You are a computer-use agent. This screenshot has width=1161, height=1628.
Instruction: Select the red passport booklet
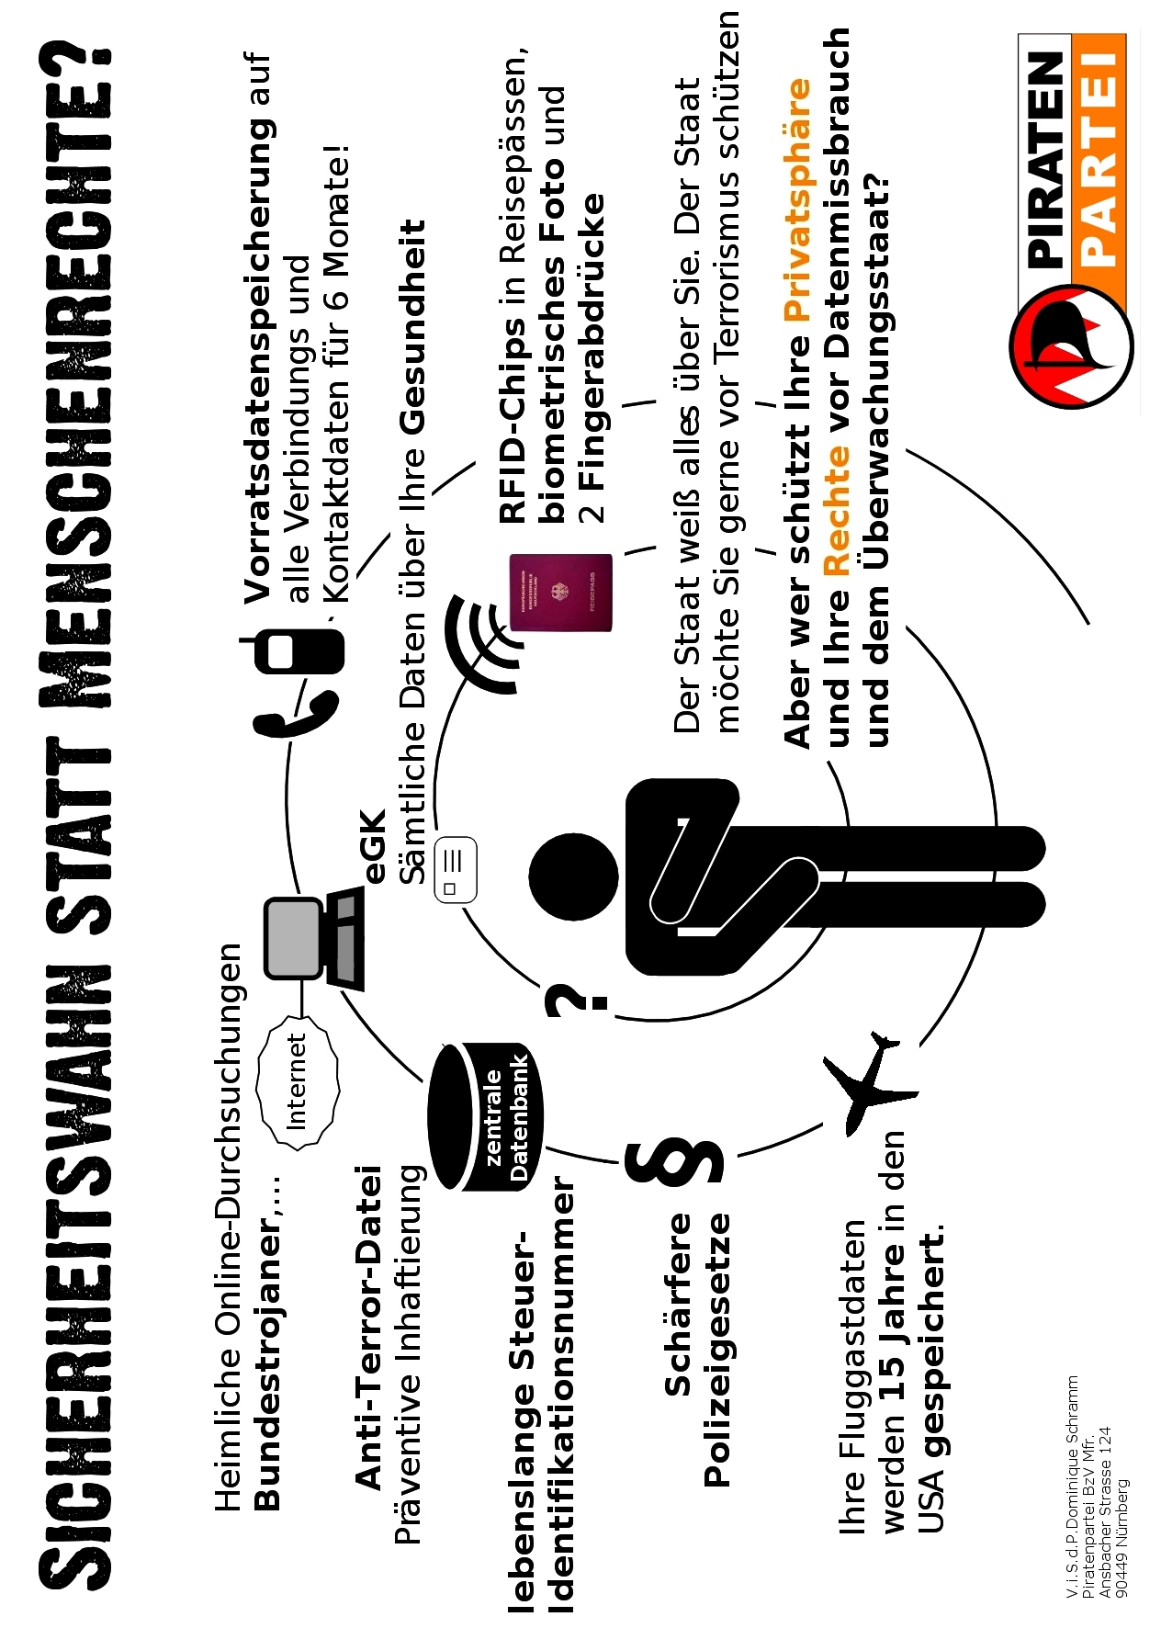(561, 593)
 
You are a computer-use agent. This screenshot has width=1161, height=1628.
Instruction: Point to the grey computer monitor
(294, 936)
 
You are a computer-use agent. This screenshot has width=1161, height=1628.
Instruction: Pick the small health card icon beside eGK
(456, 869)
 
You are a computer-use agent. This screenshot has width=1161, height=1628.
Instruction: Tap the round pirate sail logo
(1071, 345)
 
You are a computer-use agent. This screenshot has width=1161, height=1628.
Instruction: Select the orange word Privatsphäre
(797, 199)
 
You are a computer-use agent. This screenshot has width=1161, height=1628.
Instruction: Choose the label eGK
(374, 846)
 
